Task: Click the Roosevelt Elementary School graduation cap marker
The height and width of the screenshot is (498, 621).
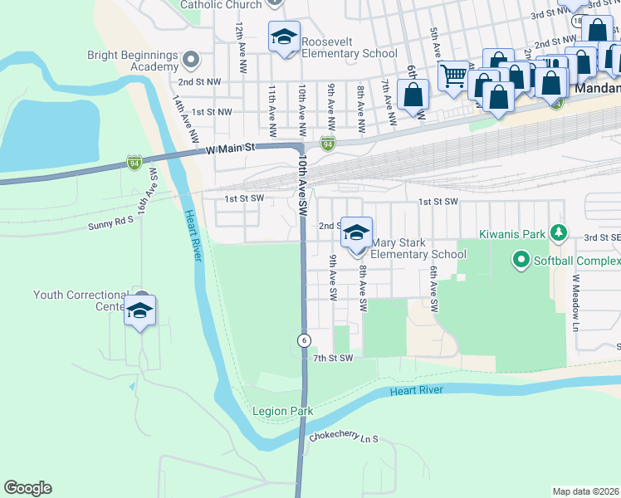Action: point(284,37)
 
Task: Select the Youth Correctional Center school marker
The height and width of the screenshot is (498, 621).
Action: point(139,311)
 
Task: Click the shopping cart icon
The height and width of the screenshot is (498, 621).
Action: point(452,76)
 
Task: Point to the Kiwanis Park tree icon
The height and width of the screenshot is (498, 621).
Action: point(560,232)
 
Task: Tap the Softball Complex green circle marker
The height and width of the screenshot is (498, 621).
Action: point(521,261)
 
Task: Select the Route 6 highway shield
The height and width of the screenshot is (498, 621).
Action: point(304,340)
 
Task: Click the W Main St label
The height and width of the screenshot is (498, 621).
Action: point(228,148)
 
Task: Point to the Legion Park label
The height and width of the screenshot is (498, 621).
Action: point(282,411)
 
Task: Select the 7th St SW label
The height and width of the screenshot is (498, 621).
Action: point(333,358)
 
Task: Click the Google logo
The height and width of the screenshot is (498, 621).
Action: point(27,488)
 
